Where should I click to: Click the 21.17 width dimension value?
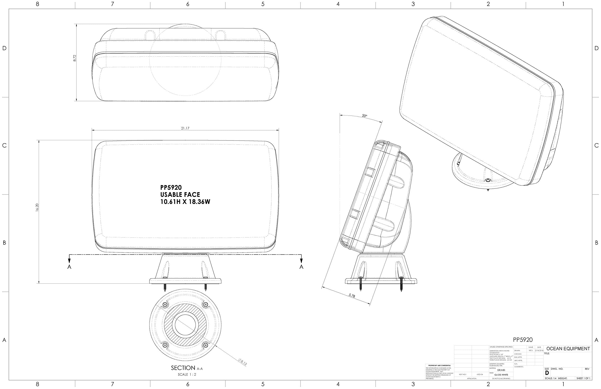pos(185,128)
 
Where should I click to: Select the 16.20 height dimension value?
pos(37,207)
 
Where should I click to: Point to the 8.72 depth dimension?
pos(74,58)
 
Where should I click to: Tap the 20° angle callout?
pos(365,116)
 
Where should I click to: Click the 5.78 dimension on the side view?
pos(352,295)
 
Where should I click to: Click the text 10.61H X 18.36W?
pos(185,202)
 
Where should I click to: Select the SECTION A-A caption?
pos(187,368)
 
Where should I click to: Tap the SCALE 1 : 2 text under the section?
pos(187,374)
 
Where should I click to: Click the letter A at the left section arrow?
pos(69,267)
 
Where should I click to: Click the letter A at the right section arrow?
pos(301,267)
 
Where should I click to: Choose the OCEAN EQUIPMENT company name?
pos(568,349)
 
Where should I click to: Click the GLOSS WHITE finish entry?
pos(501,375)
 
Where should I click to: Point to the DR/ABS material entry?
pos(501,370)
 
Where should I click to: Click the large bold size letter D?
pos(547,373)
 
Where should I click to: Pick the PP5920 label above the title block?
pos(523,340)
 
